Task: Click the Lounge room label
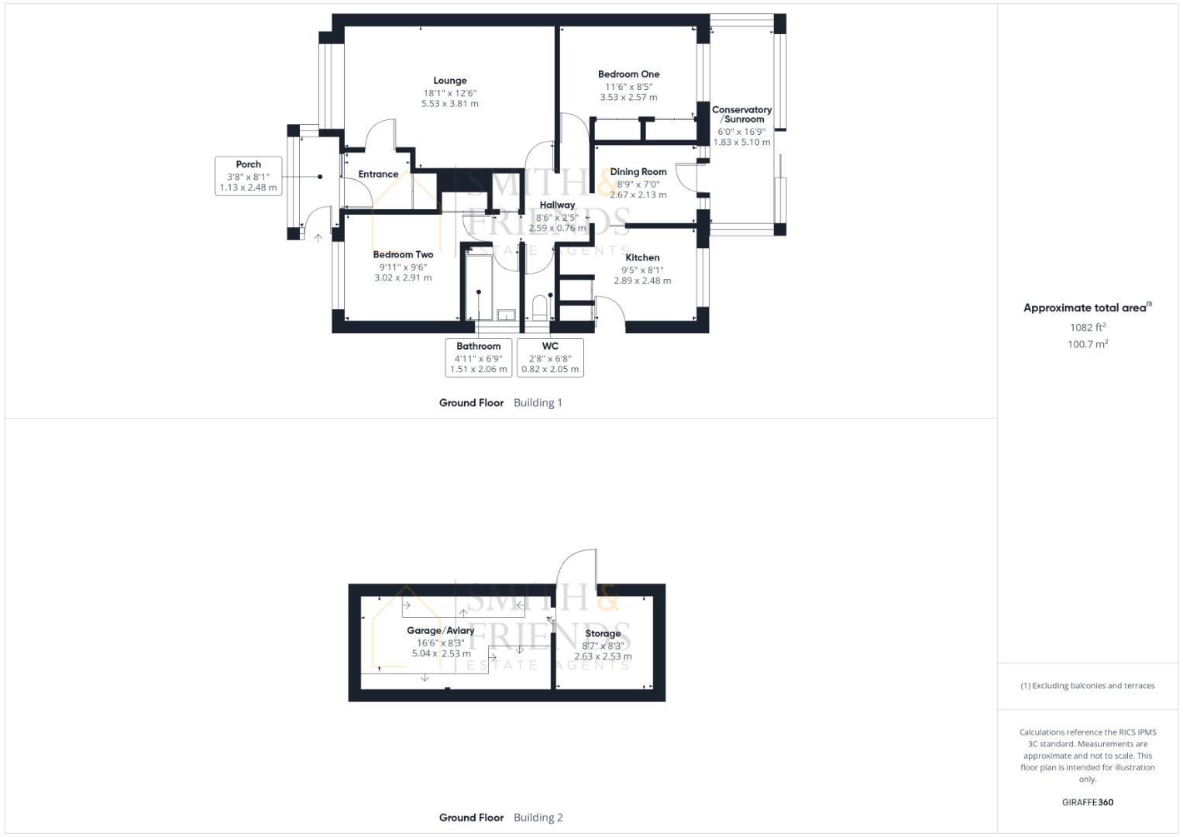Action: click(450, 81)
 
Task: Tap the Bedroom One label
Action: click(628, 74)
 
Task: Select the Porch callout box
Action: click(248, 176)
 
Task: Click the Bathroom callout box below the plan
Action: click(478, 357)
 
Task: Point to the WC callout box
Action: click(550, 357)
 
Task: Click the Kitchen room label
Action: click(642, 258)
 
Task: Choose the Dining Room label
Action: click(638, 172)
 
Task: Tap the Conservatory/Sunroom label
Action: click(741, 115)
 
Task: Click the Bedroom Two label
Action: click(403, 255)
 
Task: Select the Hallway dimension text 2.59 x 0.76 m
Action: click(557, 229)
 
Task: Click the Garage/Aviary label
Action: click(440, 631)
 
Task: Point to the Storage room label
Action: click(602, 634)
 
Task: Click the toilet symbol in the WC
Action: click(540, 308)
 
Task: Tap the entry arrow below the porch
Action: click(318, 238)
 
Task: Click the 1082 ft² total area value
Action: click(1088, 327)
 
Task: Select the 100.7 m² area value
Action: click(1088, 344)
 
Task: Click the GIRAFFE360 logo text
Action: click(1087, 802)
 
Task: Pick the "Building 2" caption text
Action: click(538, 818)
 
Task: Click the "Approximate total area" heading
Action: click(1085, 308)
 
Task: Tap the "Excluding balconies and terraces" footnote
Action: click(1087, 686)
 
